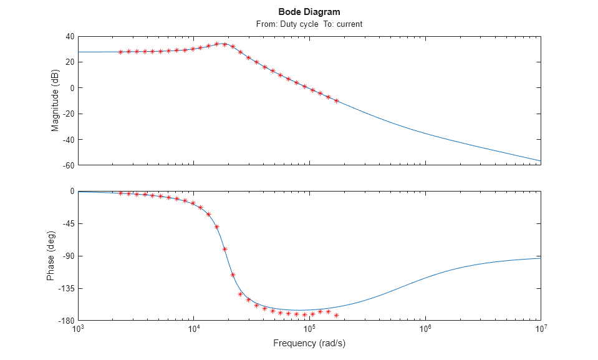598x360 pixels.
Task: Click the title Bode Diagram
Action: (309, 12)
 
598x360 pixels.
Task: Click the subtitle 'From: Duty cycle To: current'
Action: (309, 24)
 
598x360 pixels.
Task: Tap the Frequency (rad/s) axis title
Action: (309, 344)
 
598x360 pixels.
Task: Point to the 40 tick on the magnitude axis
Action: (70, 36)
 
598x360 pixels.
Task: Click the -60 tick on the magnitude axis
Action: (68, 165)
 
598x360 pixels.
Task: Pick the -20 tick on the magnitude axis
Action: (68, 114)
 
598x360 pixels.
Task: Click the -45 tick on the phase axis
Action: (68, 224)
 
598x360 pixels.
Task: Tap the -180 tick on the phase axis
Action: (66, 321)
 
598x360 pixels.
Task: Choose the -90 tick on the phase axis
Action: (68, 256)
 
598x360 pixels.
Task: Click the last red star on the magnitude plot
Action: (337, 100)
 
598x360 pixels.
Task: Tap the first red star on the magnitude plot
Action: (121, 52)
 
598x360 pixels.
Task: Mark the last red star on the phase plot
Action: (337, 315)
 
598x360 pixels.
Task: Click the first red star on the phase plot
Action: (121, 193)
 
